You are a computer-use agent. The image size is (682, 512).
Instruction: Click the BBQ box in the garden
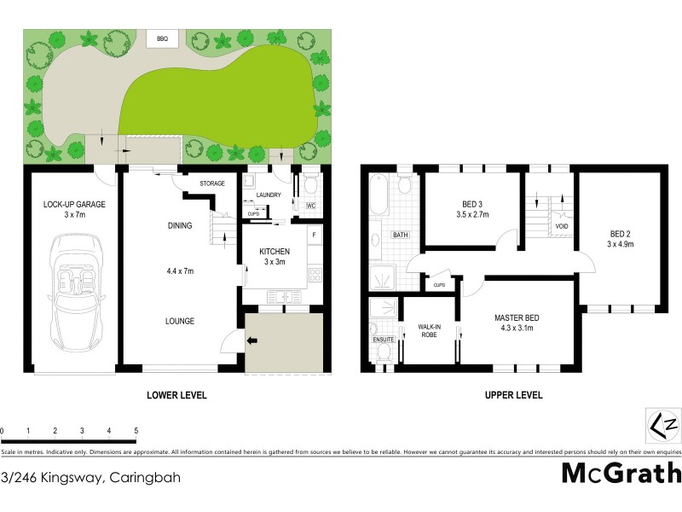[x=161, y=38]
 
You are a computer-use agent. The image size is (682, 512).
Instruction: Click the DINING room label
[x=179, y=225]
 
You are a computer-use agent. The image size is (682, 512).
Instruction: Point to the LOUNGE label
[x=180, y=321]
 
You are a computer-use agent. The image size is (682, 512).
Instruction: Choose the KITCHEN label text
[x=275, y=252]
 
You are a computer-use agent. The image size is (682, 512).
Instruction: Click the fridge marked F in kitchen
[x=314, y=234]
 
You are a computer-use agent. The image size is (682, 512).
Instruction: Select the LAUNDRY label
[x=269, y=195]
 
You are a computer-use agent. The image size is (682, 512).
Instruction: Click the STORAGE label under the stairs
[x=212, y=183]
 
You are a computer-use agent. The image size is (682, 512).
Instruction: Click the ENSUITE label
[x=384, y=340]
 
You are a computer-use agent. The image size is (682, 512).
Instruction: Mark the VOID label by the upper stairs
[x=561, y=226]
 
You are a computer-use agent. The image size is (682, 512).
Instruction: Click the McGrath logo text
[x=621, y=473]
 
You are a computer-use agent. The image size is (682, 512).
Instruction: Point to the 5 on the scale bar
[x=136, y=430]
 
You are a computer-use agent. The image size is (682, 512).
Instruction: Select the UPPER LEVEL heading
[x=515, y=395]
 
